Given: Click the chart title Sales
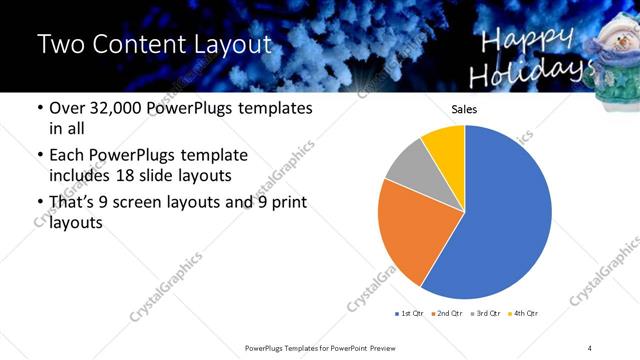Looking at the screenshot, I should coord(465,110).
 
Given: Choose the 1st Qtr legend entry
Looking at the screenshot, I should coord(411,314).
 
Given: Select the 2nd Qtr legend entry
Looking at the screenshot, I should coord(447,314).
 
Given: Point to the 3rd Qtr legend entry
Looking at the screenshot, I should coord(483,314).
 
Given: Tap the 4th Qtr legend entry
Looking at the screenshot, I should coord(523,314).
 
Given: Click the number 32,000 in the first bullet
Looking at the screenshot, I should coord(118,107).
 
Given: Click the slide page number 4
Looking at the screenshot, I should coord(590,346).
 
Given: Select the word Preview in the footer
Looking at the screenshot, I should coord(384,346).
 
